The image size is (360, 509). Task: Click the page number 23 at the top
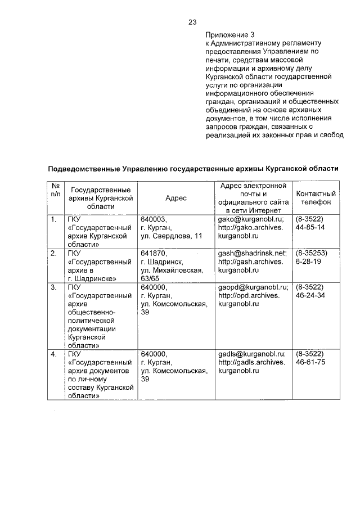point(192,22)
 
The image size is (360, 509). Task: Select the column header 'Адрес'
point(176,198)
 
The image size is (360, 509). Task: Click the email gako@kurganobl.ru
point(251,219)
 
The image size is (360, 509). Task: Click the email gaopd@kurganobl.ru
point(253,287)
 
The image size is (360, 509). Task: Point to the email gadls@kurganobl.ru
point(251,354)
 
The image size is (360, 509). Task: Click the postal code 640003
point(154,219)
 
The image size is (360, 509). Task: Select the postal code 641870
point(154,253)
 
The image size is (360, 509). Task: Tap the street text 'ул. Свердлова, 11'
point(171,236)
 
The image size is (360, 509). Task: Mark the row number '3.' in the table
point(54,287)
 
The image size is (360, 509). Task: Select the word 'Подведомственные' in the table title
point(84,168)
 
